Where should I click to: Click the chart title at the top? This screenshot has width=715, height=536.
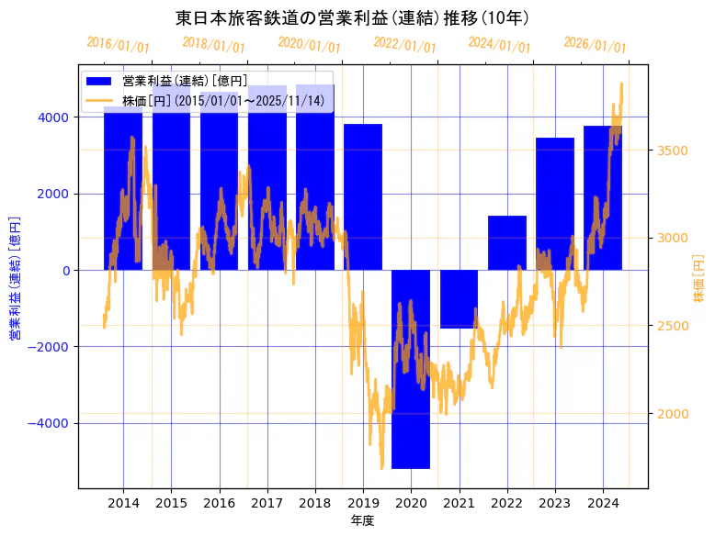(x=352, y=18)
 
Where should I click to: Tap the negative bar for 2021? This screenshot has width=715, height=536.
(x=459, y=299)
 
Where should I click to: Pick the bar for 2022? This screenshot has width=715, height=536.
(x=506, y=243)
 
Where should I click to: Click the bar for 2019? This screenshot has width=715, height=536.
(x=363, y=196)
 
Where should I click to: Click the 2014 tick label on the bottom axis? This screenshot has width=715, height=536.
(x=123, y=503)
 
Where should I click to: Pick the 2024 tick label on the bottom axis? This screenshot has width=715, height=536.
(x=602, y=503)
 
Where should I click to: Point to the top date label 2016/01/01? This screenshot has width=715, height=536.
(x=118, y=44)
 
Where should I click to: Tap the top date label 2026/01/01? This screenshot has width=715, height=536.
(x=595, y=44)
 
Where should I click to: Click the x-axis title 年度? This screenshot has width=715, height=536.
(x=363, y=521)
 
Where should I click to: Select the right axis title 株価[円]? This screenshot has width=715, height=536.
(x=698, y=280)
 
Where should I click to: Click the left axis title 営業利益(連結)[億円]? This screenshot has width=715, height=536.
(x=15, y=278)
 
